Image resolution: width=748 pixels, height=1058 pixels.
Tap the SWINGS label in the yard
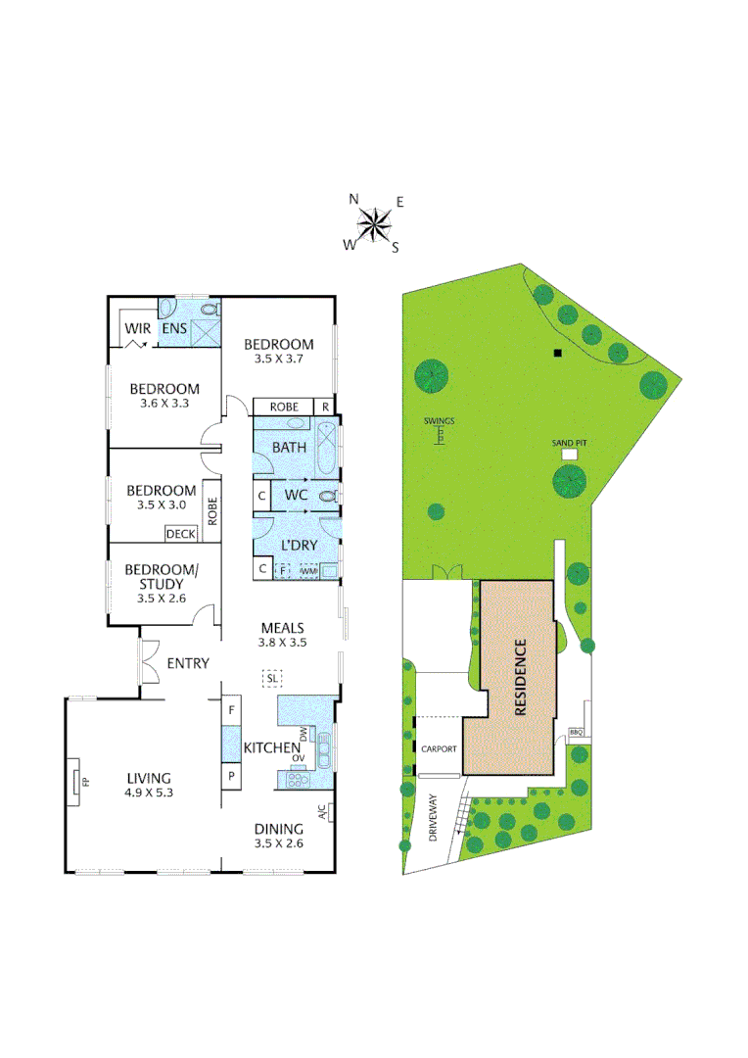click(x=440, y=421)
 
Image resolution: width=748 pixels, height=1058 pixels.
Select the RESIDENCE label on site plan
click(x=520, y=677)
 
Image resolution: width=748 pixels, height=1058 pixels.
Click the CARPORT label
click(x=439, y=748)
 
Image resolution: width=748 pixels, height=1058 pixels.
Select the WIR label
click(x=138, y=329)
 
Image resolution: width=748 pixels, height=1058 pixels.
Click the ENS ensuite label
click(x=174, y=329)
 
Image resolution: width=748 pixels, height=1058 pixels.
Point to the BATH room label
click(x=289, y=448)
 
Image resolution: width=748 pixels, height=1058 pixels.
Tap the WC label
click(x=297, y=496)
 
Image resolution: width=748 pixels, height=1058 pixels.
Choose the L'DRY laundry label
click(x=301, y=544)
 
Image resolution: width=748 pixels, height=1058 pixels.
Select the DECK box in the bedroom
click(x=180, y=534)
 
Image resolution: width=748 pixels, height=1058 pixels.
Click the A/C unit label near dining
click(x=322, y=812)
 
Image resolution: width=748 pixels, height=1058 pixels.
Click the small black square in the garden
click(x=557, y=354)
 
